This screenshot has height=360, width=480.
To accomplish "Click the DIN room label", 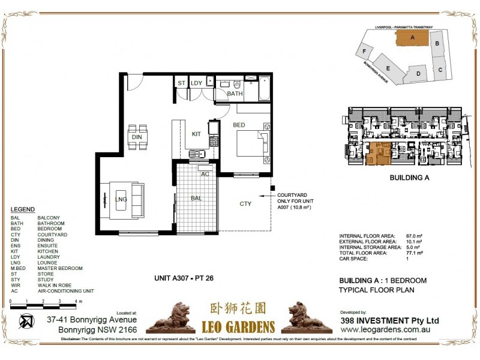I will pos(137,137).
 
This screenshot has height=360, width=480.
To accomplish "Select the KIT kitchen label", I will pos(196,134).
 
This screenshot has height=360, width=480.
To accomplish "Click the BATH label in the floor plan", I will pos(235,94).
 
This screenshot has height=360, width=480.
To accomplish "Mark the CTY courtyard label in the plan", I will pos(245,204).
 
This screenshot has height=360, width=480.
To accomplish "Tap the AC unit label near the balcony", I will pos(205,174).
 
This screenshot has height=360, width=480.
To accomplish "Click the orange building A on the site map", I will pos(412,37).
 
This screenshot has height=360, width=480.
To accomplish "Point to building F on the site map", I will pos(365,52).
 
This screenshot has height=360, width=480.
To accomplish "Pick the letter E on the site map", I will pos(389,67).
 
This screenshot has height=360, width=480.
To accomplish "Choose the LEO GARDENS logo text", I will pos(238,327).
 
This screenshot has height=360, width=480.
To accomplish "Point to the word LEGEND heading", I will pos(22,209).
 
